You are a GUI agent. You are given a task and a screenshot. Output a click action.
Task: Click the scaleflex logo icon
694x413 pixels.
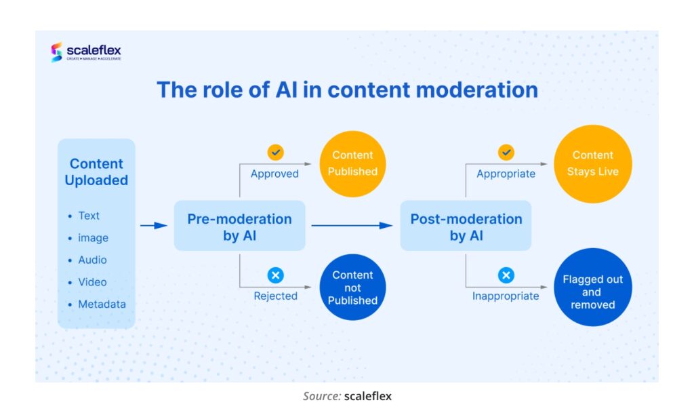[57, 52]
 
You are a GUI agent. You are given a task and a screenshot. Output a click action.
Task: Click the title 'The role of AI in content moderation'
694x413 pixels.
[347, 90]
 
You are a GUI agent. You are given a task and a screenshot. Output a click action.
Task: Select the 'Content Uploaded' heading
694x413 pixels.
[96, 172]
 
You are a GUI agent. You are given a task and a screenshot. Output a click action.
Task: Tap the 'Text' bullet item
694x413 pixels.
[89, 216]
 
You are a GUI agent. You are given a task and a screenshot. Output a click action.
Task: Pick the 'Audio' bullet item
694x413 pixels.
[92, 260]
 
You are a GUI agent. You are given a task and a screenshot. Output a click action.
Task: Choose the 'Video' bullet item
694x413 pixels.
[92, 282]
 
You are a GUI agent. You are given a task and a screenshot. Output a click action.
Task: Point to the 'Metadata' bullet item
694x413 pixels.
[102, 304]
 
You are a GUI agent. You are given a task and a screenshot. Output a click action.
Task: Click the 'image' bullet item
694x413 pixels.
[93, 238]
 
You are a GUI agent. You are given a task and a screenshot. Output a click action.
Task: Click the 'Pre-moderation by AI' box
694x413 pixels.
[239, 227]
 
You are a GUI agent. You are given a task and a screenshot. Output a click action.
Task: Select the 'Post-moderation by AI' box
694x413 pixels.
[466, 227]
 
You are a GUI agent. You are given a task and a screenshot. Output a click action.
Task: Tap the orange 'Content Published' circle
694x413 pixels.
[352, 163]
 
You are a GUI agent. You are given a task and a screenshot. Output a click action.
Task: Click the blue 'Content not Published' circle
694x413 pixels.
[352, 288]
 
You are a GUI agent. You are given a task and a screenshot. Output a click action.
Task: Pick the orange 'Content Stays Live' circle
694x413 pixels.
[592, 163]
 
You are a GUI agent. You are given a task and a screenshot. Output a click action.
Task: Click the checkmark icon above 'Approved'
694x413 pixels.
[275, 153]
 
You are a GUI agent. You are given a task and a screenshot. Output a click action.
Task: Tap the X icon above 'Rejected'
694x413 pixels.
[275, 275]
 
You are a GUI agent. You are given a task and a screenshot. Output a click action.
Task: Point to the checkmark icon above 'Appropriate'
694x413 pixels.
[506, 153]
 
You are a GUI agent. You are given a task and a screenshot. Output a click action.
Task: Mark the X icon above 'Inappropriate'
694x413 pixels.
[506, 275]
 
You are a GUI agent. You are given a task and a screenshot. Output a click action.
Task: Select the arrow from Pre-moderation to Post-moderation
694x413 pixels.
[352, 226]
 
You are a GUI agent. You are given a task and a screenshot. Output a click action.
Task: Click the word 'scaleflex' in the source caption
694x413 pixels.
[367, 396]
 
